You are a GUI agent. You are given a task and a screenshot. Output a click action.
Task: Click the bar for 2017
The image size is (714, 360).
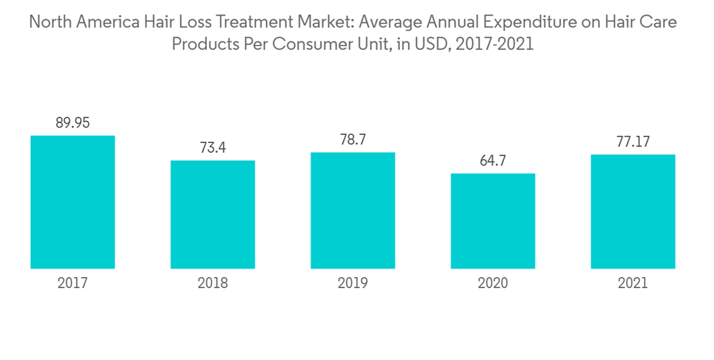pyautogui.click(x=73, y=202)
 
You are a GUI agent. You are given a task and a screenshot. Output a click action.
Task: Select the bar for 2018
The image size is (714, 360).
pyautogui.click(x=213, y=214)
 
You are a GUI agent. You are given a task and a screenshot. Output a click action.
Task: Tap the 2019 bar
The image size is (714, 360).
pyautogui.click(x=353, y=211)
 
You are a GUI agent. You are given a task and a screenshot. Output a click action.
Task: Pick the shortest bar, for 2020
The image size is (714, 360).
pyautogui.click(x=493, y=221)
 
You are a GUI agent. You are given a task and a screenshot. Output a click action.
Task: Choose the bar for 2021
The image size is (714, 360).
pyautogui.click(x=633, y=211)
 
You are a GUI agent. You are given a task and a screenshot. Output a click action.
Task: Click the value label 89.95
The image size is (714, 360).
pyautogui.click(x=73, y=124)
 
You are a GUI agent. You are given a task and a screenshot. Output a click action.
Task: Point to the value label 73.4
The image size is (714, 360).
pyautogui.click(x=213, y=148)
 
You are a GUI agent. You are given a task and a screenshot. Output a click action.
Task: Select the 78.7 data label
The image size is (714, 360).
pyautogui.click(x=353, y=140)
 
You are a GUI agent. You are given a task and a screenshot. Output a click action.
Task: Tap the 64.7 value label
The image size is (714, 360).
pyautogui.click(x=493, y=161)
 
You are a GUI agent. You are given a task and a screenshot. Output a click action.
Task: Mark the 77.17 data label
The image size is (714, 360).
pyautogui.click(x=633, y=142)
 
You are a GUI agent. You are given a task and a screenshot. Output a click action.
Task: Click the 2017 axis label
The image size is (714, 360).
pyautogui.click(x=73, y=284)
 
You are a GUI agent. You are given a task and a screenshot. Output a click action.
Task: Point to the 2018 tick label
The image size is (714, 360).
pyautogui.click(x=213, y=284)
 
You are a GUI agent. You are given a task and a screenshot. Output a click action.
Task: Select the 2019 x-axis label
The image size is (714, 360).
pyautogui.click(x=353, y=284)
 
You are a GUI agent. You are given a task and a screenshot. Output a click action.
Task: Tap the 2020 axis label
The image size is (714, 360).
pyautogui.click(x=493, y=284)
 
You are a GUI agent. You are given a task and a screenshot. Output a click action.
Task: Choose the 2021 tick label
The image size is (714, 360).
pyautogui.click(x=633, y=284)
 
